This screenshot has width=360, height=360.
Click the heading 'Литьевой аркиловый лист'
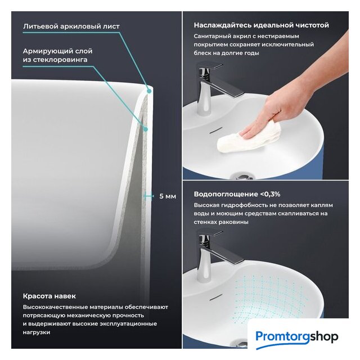click(71, 26)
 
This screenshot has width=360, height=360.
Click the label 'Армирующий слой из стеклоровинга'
click(57, 55)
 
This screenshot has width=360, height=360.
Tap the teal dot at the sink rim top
click(149, 91)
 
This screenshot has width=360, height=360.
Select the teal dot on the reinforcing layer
click(145, 129)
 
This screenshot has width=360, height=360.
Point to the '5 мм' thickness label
click(168, 196)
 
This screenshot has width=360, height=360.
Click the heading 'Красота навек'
click(49, 296)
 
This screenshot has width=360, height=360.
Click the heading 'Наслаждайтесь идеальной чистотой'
click(261, 25)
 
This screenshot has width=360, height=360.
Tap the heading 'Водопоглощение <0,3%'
click(237, 194)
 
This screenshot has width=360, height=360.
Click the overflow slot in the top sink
click(216, 130)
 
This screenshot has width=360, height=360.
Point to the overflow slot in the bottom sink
click(216, 297)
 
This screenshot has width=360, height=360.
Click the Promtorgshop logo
click(297, 337)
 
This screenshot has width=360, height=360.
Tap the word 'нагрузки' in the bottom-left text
click(36, 332)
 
